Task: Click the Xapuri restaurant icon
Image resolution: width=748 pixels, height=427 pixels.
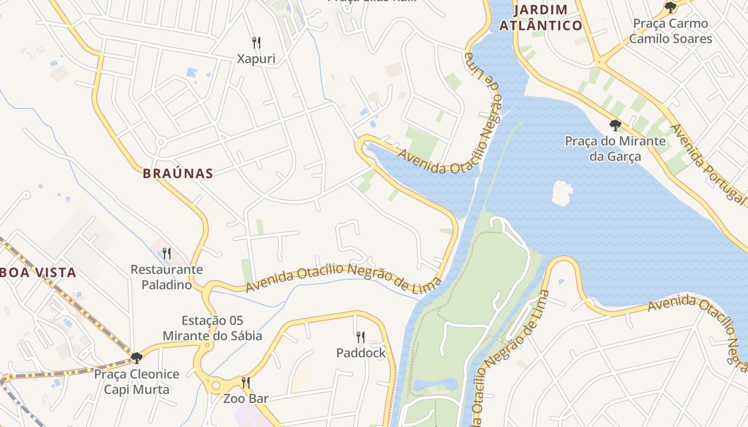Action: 256,42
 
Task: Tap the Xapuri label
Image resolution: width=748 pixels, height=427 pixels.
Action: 256,59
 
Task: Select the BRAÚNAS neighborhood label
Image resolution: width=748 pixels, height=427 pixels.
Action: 178,173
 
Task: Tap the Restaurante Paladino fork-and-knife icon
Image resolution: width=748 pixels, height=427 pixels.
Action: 167,253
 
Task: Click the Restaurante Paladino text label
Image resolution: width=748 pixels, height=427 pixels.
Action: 167,277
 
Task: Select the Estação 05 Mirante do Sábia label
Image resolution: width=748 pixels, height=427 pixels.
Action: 212,328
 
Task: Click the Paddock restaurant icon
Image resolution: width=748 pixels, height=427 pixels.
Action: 361,337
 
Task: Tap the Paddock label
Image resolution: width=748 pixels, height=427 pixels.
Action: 361,353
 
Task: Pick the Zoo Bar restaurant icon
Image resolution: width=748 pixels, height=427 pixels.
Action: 245,382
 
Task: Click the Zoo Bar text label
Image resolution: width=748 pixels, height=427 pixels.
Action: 245,398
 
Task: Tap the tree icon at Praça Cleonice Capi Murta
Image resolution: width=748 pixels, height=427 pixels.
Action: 137,358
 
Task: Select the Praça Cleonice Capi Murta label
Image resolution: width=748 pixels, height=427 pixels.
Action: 137,382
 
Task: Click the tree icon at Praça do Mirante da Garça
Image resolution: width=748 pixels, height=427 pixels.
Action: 615,125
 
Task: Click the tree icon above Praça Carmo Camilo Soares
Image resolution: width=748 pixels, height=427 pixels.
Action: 670,7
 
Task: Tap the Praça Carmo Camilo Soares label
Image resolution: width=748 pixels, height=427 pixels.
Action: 670,31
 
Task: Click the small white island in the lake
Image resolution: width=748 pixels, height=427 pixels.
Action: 562,193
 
